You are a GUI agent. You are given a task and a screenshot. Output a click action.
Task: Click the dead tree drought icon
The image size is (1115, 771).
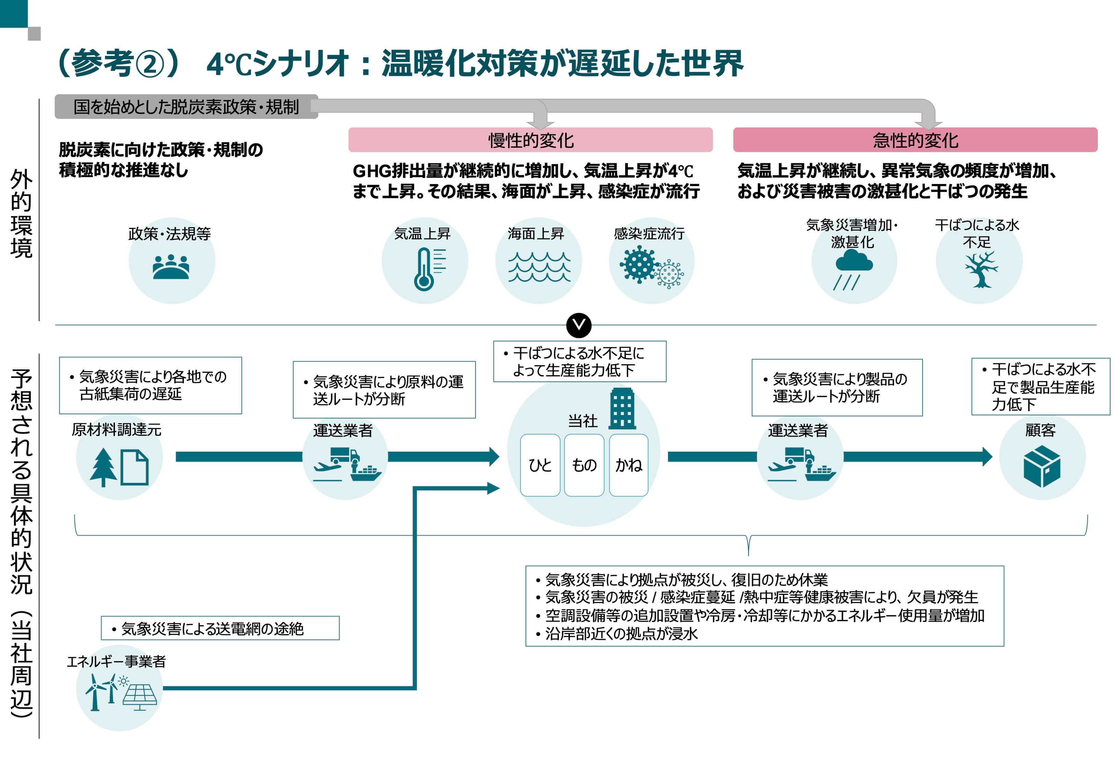pos(980,270)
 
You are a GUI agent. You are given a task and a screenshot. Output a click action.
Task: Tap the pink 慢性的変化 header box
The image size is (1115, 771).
pos(530,140)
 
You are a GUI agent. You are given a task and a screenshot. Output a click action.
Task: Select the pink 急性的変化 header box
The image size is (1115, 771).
pos(915,140)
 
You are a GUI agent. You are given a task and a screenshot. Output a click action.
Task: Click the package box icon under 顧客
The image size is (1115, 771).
pos(1042,466)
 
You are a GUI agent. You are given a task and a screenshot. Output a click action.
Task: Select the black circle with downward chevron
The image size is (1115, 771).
pos(579,325)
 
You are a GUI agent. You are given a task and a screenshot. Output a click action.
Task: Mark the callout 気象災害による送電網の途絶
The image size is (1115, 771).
pos(220,628)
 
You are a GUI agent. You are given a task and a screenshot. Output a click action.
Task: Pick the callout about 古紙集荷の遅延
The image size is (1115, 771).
pos(150,385)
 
